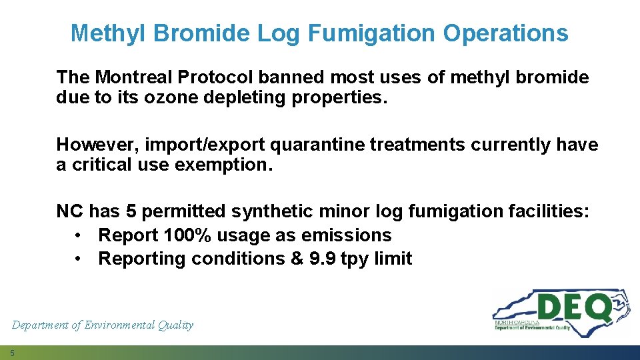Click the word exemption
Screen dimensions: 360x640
224,165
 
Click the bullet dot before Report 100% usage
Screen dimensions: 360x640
79,235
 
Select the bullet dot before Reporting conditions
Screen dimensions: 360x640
79,259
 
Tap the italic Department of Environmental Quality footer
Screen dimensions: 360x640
103,325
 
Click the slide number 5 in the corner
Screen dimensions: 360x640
12,353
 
